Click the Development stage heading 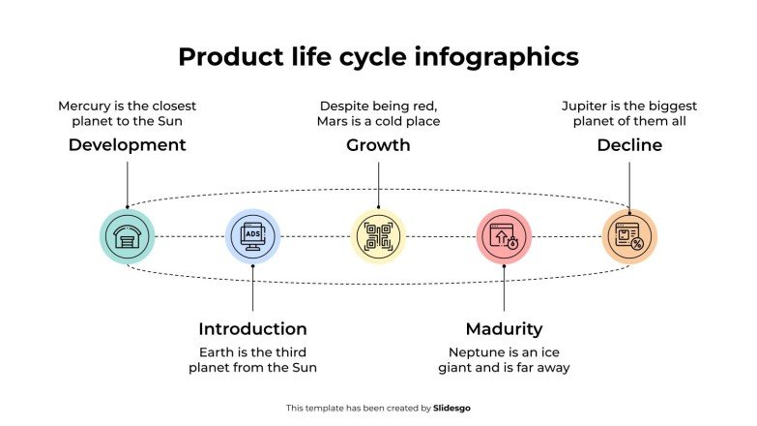tap(127, 145)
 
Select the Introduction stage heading tap(252, 328)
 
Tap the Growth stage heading tap(378, 145)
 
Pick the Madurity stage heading tap(504, 328)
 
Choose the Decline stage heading tap(629, 145)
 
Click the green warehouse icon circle tap(127, 236)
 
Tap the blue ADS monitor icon tap(252, 236)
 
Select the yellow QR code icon tap(378, 236)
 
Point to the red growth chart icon tap(504, 236)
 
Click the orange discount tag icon tap(629, 236)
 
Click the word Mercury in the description tap(85, 106)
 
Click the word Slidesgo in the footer tap(452, 409)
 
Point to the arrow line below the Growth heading tap(378, 184)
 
